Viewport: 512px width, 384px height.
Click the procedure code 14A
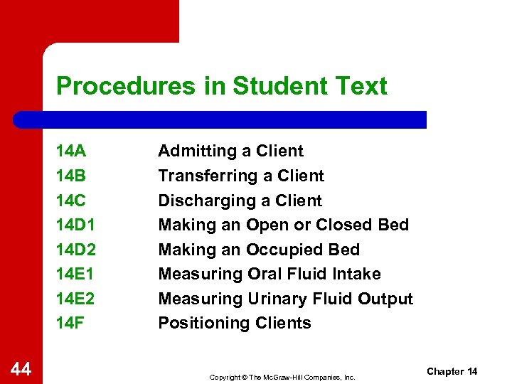(71, 151)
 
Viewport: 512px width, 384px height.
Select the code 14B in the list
(71, 176)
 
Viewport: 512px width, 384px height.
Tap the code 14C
(71, 201)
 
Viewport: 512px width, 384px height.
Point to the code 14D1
(75, 225)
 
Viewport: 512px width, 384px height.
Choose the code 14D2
(75, 250)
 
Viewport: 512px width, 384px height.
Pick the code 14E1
(75, 274)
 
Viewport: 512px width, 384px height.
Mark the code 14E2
(75, 299)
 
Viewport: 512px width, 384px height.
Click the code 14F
(70, 323)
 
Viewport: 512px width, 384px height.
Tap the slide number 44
(21, 368)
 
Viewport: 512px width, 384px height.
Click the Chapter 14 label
(452, 372)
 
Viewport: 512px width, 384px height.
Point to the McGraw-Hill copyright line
(282, 377)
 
